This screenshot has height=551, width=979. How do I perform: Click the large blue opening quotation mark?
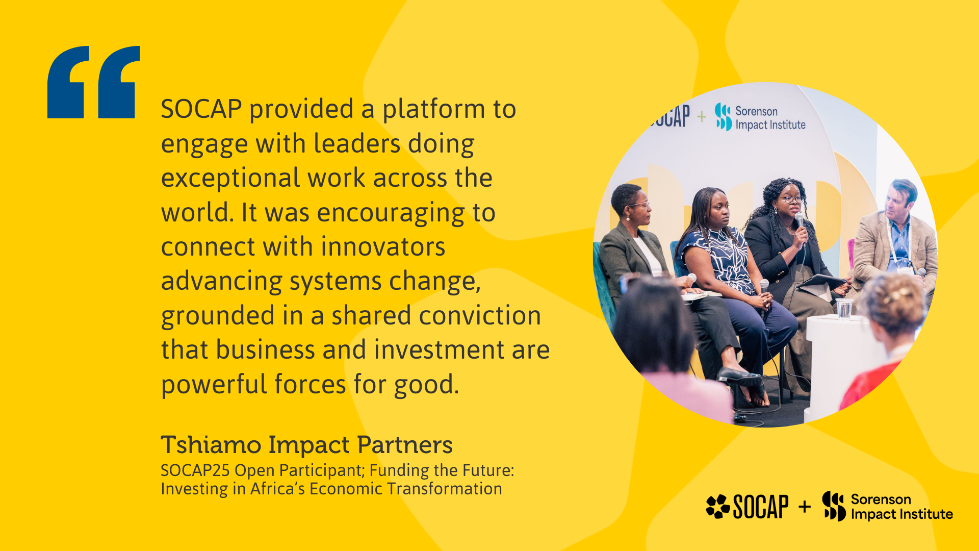(x=93, y=82)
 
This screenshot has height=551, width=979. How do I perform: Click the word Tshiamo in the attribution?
(x=211, y=445)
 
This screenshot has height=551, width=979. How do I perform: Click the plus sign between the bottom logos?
(x=805, y=507)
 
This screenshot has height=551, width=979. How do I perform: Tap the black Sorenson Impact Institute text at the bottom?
(x=901, y=507)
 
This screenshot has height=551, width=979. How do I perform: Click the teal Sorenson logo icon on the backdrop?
(x=724, y=117)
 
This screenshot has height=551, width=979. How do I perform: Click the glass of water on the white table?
(x=844, y=309)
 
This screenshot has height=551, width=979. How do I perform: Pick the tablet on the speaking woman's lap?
(x=822, y=282)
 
